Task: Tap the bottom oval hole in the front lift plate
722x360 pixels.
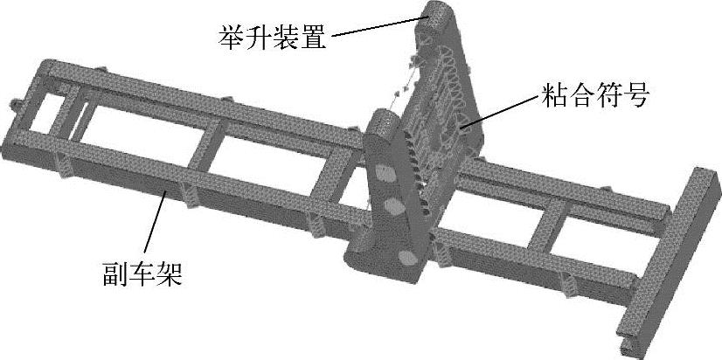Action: [407, 256]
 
